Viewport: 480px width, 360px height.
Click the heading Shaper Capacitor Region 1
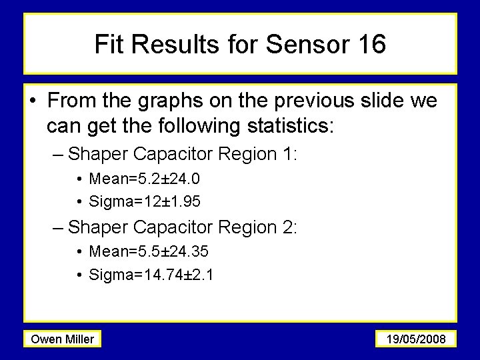click(183, 155)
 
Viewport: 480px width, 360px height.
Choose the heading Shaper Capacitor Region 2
click(183, 228)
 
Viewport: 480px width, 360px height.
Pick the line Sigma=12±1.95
click(145, 201)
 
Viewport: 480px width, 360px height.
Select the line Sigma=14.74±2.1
click(151, 274)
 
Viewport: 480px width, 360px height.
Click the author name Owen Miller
click(63, 339)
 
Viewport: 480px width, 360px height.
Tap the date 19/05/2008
click(415, 339)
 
